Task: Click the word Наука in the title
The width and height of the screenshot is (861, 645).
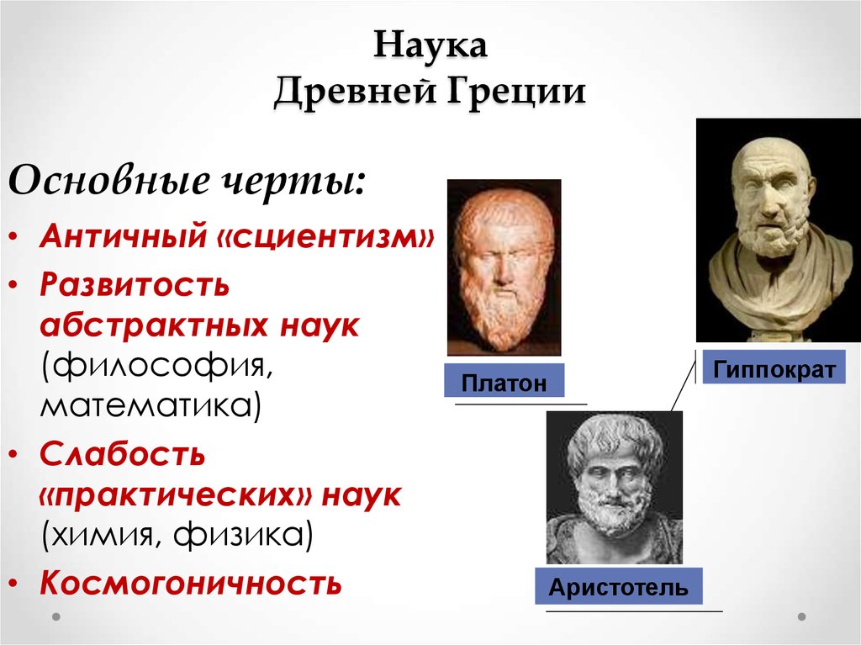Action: [430, 45]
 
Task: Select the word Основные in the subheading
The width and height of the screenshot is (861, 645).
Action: [108, 180]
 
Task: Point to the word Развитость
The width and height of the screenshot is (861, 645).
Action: [135, 284]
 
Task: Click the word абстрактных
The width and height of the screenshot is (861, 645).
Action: [155, 325]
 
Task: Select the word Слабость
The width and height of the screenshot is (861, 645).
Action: [123, 454]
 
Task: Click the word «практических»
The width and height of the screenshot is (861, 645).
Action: [176, 496]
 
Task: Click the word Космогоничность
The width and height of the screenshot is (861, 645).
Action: [191, 583]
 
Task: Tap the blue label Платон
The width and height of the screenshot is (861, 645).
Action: [504, 380]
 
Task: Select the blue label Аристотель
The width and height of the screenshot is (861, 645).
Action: [618, 586]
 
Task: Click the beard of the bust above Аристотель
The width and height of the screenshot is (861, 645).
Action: [610, 519]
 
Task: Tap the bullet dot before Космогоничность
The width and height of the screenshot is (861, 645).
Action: [14, 584]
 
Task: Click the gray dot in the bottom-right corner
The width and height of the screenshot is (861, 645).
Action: [801, 616]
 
